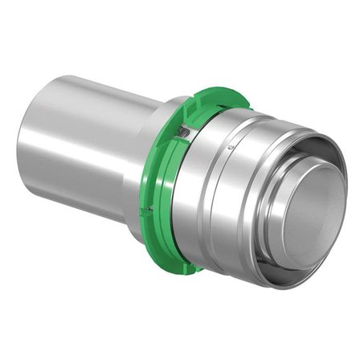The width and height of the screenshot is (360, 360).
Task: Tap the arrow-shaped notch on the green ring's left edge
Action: (168, 129)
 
